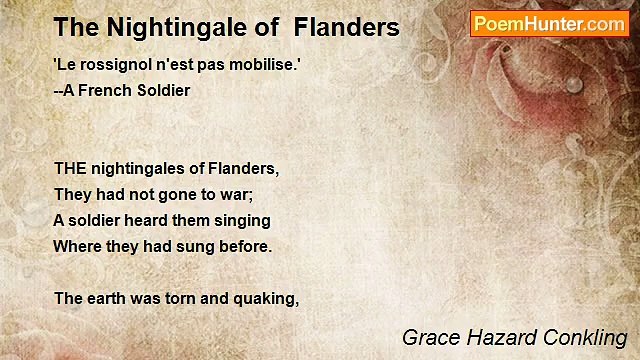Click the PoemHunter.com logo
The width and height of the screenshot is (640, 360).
pyautogui.click(x=549, y=24)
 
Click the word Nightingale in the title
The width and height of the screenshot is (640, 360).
pyautogui.click(x=160, y=28)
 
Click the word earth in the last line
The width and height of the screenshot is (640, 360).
pyautogui.click(x=105, y=298)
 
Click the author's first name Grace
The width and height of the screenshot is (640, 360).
pyautogui.click(x=425, y=337)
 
